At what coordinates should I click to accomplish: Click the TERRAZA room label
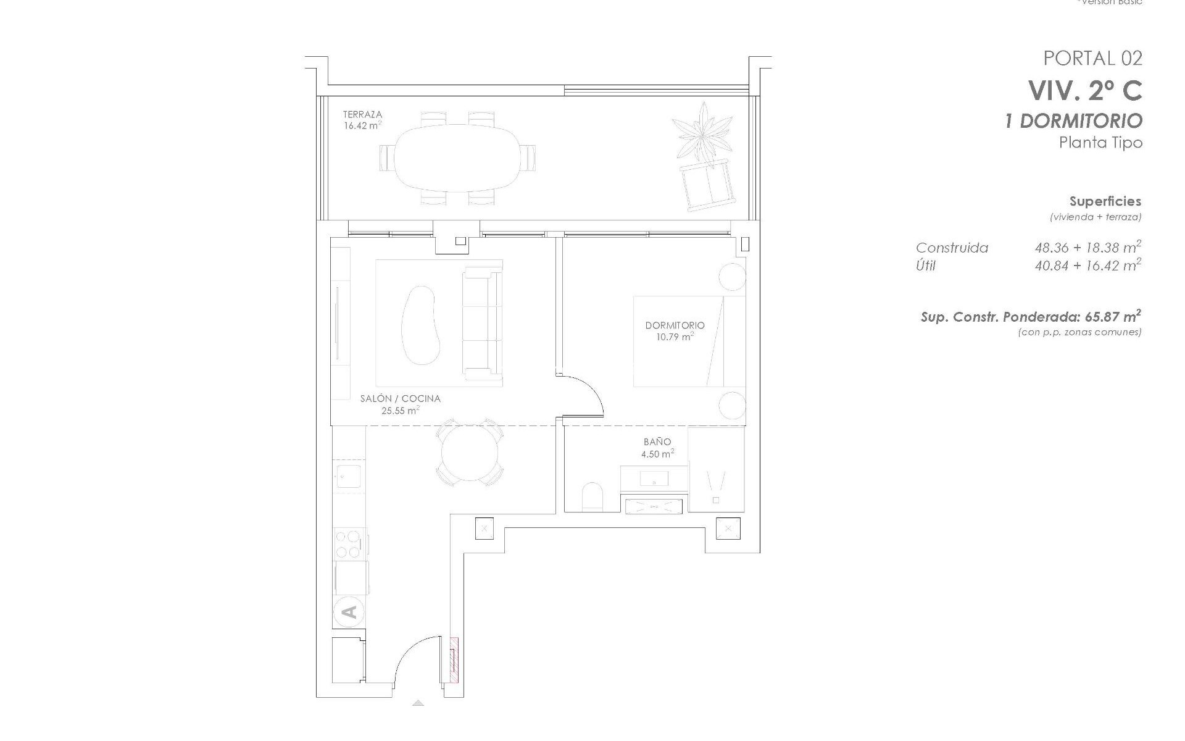(x=362, y=114)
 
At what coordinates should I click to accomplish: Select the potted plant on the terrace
(x=702, y=133)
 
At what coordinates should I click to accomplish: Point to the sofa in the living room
(x=482, y=323)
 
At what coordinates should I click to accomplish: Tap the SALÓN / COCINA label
(x=400, y=399)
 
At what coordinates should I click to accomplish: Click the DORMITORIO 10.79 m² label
(x=675, y=330)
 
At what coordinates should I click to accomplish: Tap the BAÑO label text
(x=657, y=442)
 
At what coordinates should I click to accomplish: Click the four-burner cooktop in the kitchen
(x=349, y=543)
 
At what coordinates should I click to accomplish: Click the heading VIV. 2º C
(x=1084, y=91)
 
